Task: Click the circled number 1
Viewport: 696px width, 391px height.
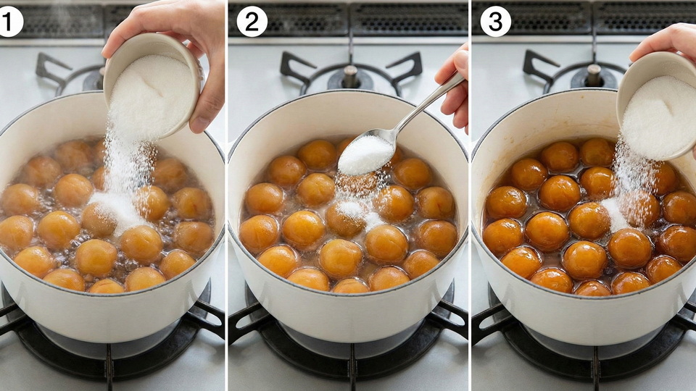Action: pos(9,22)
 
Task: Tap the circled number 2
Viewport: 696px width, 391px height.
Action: pos(252,22)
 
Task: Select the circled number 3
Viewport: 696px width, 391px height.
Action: pos(495,22)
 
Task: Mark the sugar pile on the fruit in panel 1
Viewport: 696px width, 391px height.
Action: pos(117,211)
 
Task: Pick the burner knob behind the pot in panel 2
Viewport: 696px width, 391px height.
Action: pos(351,76)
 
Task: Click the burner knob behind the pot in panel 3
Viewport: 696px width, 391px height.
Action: pos(594,75)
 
